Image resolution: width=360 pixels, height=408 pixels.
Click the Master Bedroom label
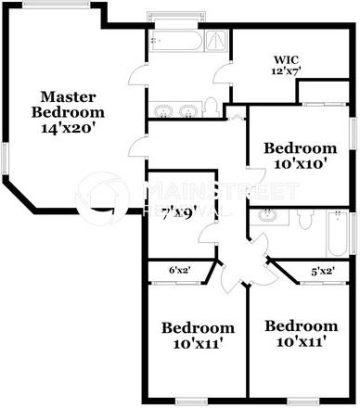click(x=71, y=103)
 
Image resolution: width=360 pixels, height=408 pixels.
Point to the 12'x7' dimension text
click(x=286, y=70)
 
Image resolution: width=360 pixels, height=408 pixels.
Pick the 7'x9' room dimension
click(x=177, y=212)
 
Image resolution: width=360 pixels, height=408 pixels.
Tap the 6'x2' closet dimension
click(x=180, y=271)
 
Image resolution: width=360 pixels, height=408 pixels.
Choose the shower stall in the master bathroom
click(x=213, y=40)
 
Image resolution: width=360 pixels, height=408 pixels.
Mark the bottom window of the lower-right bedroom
click(x=302, y=402)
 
